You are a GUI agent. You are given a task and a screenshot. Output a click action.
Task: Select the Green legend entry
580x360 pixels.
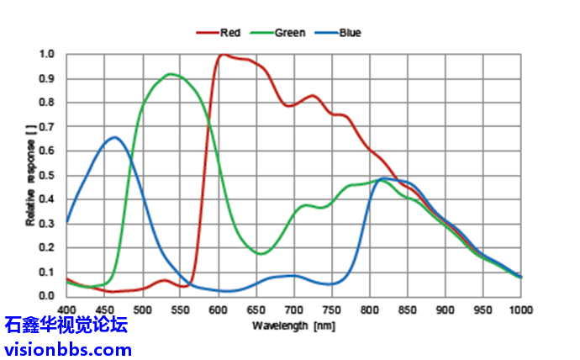[x=288, y=33]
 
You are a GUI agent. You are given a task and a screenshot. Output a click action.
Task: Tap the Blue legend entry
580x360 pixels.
[x=349, y=33]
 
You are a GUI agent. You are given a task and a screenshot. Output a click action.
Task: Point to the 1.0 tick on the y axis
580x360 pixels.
[x=47, y=55]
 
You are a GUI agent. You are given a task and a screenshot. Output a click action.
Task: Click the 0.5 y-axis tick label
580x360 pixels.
[x=47, y=176]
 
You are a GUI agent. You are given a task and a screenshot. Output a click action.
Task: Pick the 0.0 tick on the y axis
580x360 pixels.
[x=47, y=296]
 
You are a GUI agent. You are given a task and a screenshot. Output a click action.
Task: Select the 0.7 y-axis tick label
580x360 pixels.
[x=47, y=127]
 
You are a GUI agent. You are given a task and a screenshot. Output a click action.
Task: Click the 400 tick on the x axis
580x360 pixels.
[x=66, y=309]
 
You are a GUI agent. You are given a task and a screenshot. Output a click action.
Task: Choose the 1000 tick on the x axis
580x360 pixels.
[x=519, y=309]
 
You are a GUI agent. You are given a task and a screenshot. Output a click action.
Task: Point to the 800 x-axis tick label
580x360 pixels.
[x=369, y=309]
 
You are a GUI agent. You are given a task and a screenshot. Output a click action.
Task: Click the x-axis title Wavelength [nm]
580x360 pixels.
[x=293, y=325]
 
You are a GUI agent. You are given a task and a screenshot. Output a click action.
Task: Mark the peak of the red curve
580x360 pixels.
[x=223, y=55]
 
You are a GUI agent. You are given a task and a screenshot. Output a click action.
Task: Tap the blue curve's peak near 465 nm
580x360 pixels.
[x=115, y=137]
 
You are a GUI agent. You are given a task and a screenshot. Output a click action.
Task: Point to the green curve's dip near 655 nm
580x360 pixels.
[x=261, y=253]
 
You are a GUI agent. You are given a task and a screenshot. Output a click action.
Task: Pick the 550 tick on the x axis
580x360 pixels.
[x=180, y=309]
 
